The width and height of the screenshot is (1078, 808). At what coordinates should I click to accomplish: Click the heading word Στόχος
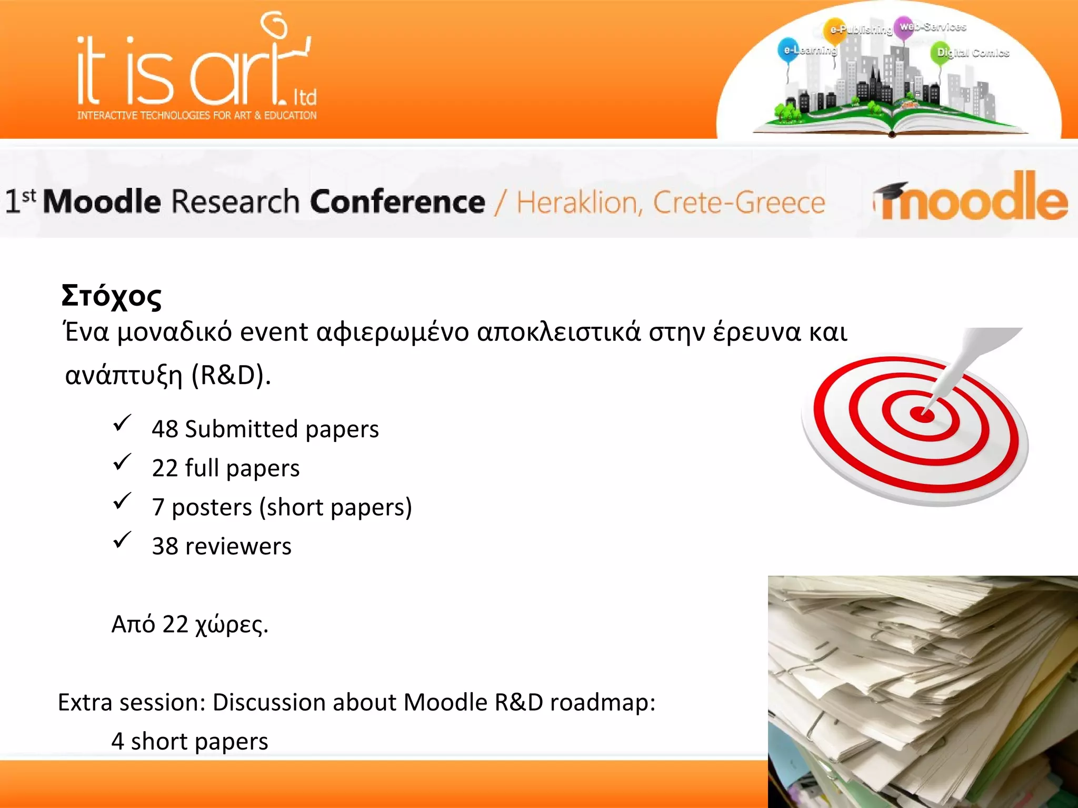pos(111,297)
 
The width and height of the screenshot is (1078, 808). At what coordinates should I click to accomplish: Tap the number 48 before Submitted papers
pos(165,429)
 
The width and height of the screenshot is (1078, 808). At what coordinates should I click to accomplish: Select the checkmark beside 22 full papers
pos(122,463)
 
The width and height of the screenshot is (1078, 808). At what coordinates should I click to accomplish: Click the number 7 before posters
pos(158,507)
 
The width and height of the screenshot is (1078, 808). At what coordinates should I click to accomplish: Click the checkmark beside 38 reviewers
pos(122,541)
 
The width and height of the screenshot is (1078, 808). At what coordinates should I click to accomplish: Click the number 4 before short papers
pos(117,742)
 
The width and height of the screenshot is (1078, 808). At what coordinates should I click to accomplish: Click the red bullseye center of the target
pos(922,415)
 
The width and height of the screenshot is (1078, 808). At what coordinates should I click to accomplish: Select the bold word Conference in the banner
pos(397,202)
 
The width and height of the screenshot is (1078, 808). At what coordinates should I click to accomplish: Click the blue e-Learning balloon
pos(787,49)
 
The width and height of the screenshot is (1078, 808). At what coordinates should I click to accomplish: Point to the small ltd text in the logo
pos(305,97)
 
